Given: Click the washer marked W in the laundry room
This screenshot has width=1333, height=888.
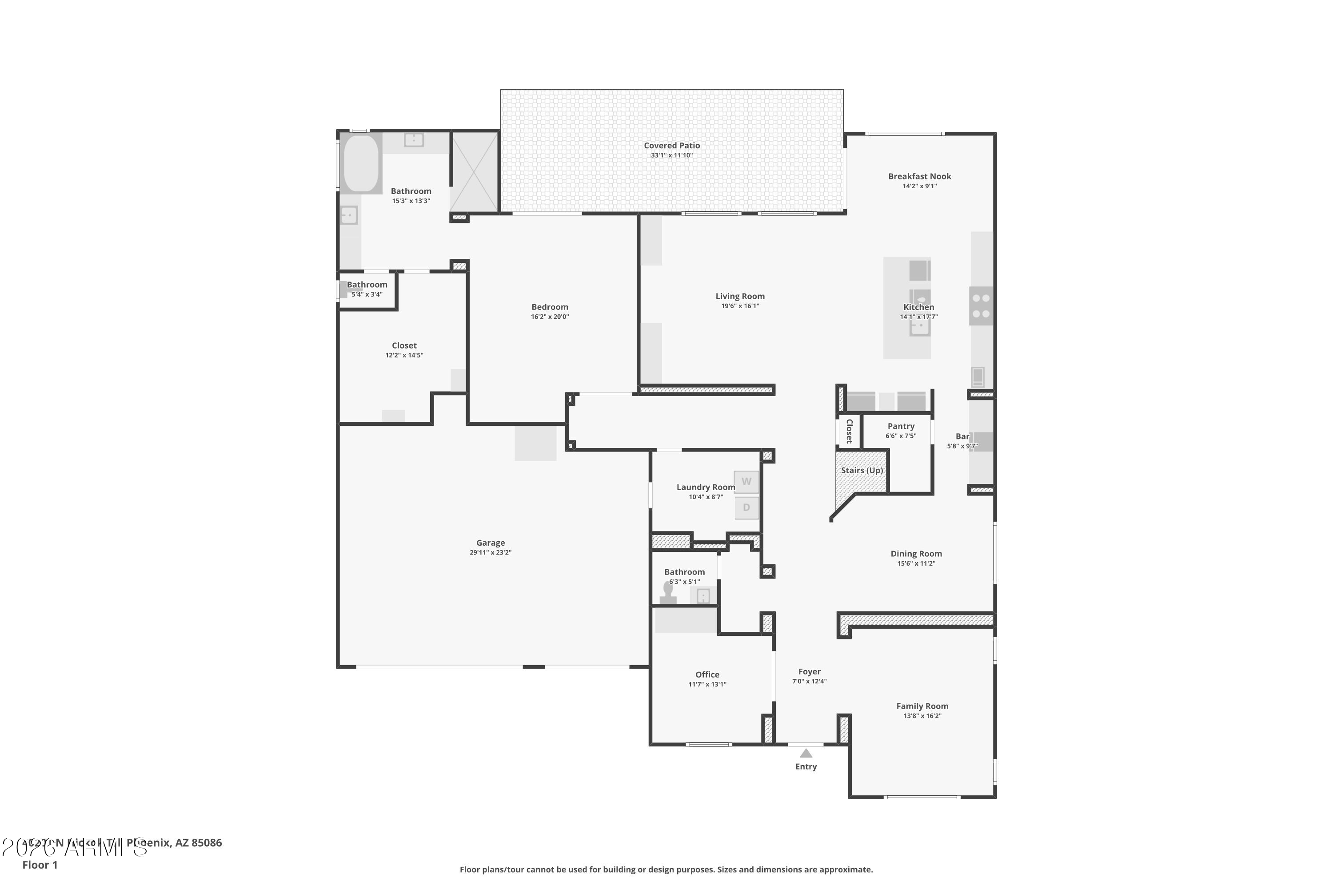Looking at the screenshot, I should point(746,482).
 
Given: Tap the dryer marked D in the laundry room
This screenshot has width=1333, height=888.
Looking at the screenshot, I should point(746,507).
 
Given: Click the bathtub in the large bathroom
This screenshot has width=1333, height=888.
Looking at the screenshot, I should point(360,163).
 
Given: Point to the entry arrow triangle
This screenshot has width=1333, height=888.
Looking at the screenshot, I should point(806,753).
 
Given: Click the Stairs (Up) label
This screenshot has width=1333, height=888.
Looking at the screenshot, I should point(862,471).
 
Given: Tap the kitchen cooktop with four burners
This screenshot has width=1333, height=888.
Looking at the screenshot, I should point(981,306).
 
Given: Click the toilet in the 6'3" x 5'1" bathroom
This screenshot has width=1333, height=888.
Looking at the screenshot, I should point(668,594).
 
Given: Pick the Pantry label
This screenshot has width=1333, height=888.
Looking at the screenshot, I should point(901,426).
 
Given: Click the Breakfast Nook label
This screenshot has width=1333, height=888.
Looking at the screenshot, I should point(919,176).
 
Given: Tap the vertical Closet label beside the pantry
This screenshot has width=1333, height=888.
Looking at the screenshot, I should point(849,432).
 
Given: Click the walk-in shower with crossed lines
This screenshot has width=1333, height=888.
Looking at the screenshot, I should point(475,171).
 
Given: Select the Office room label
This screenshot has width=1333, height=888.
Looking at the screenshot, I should point(707,674).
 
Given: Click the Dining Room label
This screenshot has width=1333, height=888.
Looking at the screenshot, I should point(916,554).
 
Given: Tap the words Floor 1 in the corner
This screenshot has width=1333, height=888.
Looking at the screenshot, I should point(40,865).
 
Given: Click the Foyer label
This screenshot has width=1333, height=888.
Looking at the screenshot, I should point(809,672).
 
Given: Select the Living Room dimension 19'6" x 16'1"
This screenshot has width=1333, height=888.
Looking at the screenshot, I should point(740,306).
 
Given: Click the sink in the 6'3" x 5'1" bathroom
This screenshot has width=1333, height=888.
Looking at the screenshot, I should point(703,596).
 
